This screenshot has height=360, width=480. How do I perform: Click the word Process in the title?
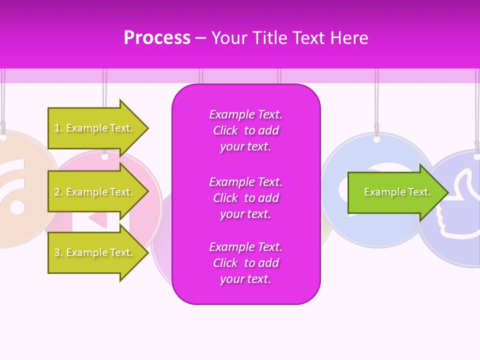157,38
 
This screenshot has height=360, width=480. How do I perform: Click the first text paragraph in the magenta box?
245,130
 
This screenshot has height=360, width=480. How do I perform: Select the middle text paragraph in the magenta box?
245,198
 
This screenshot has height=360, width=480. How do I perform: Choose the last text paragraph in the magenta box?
245,263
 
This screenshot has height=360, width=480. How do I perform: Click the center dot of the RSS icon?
17,206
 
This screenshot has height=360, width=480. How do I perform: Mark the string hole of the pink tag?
104,156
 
